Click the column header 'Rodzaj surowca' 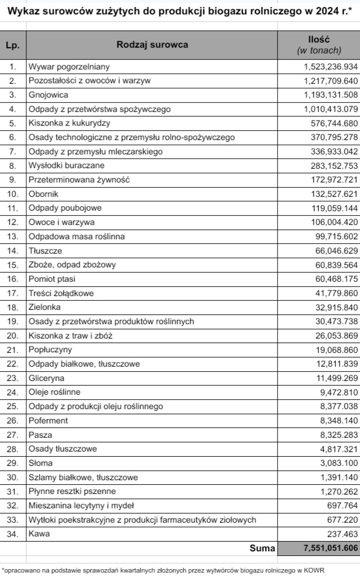(152, 45)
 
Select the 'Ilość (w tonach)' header (319, 45)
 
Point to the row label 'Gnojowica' (49, 95)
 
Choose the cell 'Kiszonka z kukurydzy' (69, 123)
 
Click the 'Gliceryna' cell (46, 378)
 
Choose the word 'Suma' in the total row (261, 548)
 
